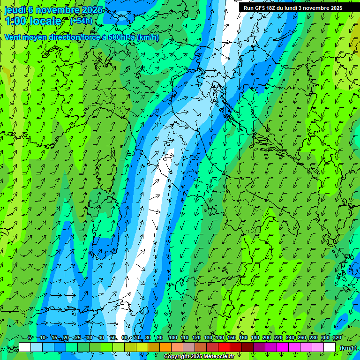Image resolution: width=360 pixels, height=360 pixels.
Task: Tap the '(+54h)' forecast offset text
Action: [81, 21]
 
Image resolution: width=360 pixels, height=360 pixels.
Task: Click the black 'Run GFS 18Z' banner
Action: [293, 8]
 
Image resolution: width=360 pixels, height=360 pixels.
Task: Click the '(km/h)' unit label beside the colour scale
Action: [347, 347]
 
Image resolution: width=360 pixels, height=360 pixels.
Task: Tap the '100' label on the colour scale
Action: [173, 338]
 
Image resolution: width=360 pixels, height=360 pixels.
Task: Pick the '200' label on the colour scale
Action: [267, 338]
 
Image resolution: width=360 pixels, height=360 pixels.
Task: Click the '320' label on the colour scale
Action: [337, 338]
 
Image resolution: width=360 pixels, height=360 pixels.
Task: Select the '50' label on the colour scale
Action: [113, 338]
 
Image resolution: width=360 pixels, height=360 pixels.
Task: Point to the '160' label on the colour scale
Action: [243, 338]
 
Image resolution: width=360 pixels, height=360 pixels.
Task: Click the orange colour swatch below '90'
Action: [165, 347]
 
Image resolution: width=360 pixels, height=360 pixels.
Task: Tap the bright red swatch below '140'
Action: [224, 347]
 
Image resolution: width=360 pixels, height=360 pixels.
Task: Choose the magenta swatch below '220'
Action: [283, 347]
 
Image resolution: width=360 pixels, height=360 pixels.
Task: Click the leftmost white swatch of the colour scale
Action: [25, 347]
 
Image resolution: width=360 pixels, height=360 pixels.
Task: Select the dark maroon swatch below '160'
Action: [247, 347]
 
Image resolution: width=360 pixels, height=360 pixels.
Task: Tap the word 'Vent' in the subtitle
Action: [13, 37]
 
